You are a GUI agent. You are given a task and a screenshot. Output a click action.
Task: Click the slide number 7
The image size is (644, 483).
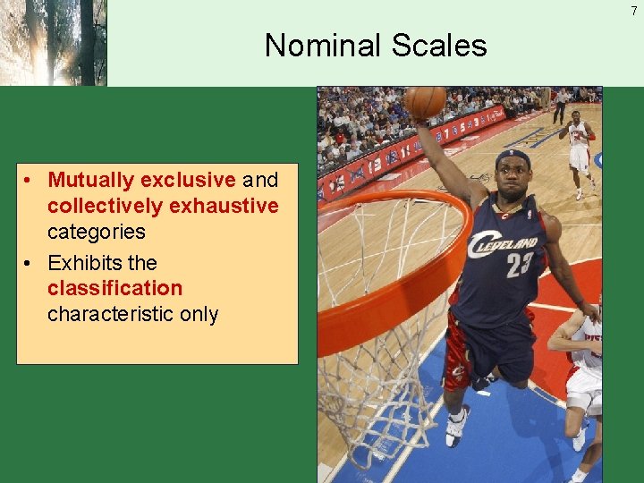[x=633, y=11]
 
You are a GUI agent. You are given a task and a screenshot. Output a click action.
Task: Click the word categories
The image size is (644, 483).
[x=96, y=232]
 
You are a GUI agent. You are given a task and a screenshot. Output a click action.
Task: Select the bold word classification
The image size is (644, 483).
[x=114, y=288]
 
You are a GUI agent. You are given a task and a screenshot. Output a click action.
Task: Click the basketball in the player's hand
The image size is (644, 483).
[x=425, y=102]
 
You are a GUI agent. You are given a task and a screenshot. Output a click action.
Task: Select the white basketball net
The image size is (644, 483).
[x=385, y=376]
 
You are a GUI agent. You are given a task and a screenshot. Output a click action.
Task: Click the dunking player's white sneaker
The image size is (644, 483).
[x=457, y=425]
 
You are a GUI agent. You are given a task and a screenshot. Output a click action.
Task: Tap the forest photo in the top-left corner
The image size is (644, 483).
[x=53, y=42]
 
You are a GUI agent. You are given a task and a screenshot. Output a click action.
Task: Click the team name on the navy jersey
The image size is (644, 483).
[x=505, y=243]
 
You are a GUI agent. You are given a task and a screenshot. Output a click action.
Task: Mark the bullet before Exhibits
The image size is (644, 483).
[x=30, y=263]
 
